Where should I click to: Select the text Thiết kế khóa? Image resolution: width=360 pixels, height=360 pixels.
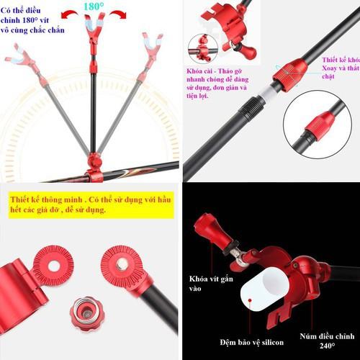click(x=339, y=60)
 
